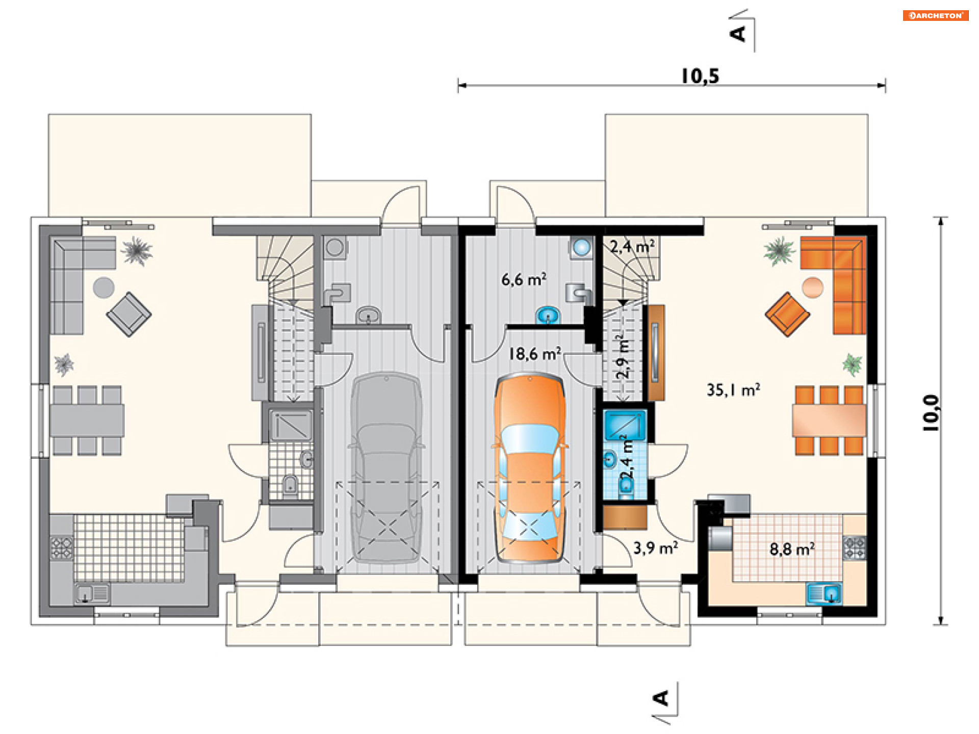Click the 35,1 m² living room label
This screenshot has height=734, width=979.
click(x=733, y=390)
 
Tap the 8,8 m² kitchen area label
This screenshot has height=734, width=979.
click(x=792, y=549)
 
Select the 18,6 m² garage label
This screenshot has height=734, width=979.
click(x=535, y=353)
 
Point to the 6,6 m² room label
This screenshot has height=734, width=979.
click(x=524, y=279)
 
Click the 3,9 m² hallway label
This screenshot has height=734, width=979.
click(x=656, y=548)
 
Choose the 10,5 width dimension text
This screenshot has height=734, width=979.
click(x=700, y=76)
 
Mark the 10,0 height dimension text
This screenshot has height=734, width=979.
click(x=931, y=413)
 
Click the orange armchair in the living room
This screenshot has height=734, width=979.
click(x=787, y=314)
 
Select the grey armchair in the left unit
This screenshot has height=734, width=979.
click(x=128, y=314)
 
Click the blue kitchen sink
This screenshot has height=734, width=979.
click(x=823, y=594)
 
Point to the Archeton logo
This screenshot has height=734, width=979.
click(x=936, y=15)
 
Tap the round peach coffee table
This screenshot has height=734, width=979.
click(x=812, y=287)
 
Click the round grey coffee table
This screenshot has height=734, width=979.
click(x=104, y=287)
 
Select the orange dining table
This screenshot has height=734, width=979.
click(x=829, y=421)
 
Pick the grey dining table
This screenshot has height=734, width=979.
click(x=87, y=421)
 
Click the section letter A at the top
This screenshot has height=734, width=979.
click(x=738, y=34)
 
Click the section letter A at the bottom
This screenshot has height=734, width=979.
click(x=661, y=698)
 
